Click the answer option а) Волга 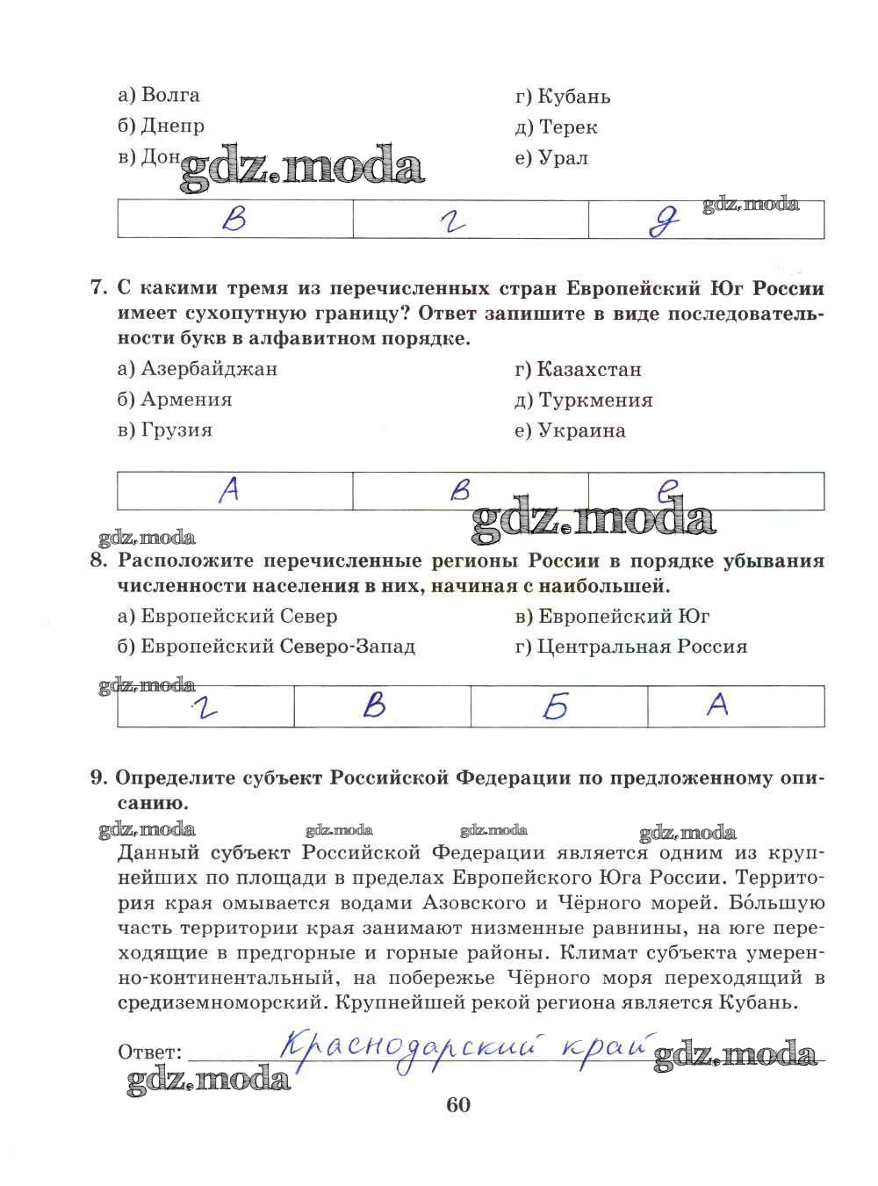(x=159, y=95)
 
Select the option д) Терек (x=557, y=127)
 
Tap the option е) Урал (x=552, y=159)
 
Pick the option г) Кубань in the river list (x=563, y=97)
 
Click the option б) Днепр (x=161, y=126)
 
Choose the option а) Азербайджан (x=198, y=369)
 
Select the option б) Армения (x=175, y=400)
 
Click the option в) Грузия (x=165, y=430)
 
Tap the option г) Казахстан (x=579, y=370)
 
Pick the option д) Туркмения (x=584, y=401)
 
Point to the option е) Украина (x=571, y=431)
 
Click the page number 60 (x=458, y=1105)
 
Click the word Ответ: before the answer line (x=149, y=1052)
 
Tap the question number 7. (x=98, y=288)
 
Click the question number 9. (x=98, y=777)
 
